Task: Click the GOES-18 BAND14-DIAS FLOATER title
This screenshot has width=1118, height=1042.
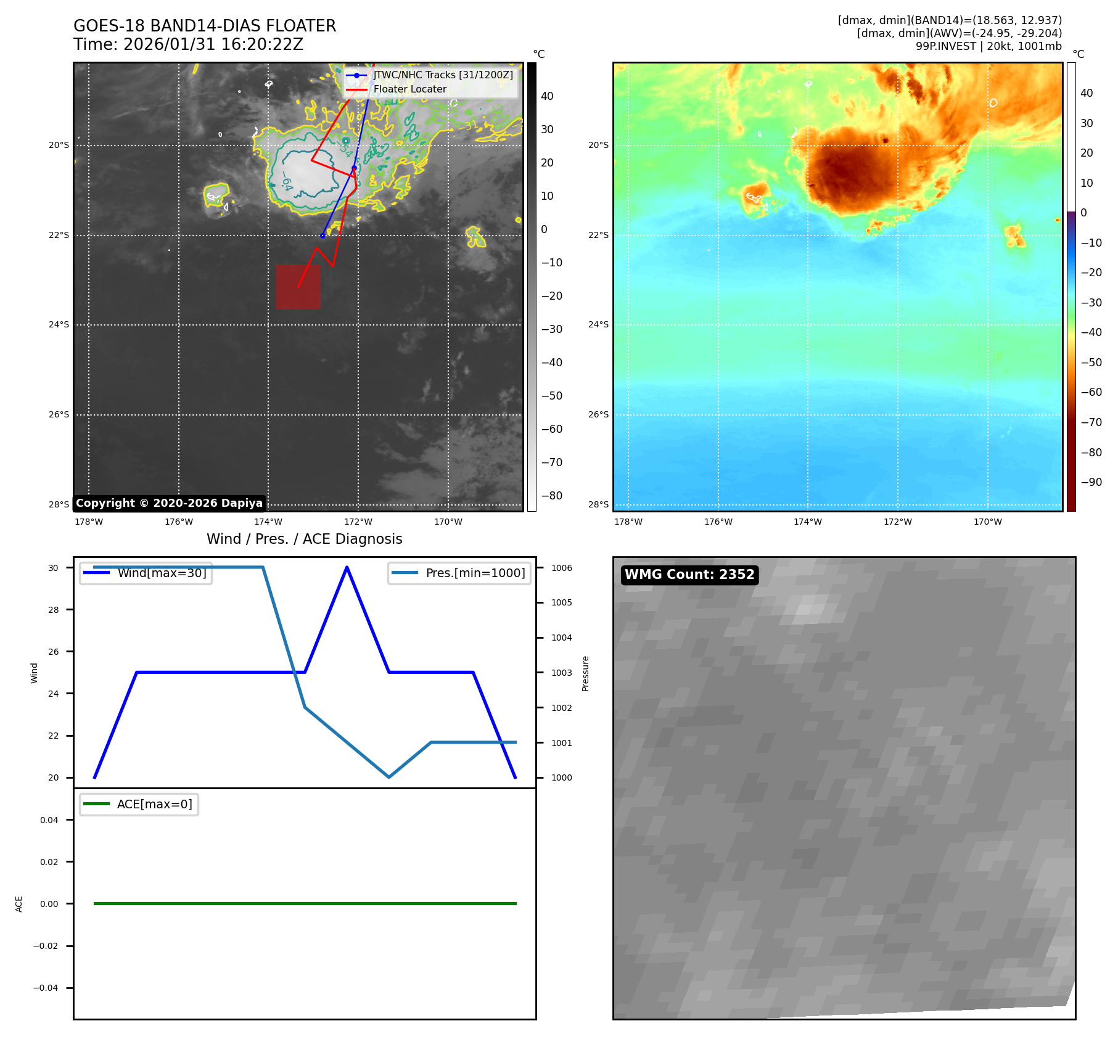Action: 205,26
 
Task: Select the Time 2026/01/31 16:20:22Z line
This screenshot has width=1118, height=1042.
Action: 188,44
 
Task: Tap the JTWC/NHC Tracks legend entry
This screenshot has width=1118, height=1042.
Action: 443,75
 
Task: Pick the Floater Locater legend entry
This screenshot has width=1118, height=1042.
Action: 409,89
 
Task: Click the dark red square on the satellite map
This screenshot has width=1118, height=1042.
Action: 298,287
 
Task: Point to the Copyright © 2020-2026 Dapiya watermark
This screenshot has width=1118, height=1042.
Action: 169,503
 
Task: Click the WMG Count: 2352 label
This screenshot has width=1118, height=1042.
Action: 689,575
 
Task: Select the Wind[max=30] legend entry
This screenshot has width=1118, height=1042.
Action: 162,573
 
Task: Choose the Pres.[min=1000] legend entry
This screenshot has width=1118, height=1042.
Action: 475,573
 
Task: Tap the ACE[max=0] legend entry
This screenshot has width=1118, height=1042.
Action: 154,804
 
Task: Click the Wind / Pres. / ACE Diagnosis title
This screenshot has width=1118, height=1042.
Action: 304,539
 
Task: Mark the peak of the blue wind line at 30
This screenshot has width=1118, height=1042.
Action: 347,567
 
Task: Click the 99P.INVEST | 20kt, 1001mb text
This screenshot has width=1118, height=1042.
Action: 989,46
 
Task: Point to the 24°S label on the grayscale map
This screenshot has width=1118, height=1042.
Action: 59,324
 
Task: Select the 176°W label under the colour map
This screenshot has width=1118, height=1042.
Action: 718,522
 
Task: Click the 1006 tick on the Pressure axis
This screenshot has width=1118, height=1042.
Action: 561,568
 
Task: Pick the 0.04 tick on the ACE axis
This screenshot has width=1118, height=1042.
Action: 49,820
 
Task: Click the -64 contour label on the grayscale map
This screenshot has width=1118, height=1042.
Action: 287,181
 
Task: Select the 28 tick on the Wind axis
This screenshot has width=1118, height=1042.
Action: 54,610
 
